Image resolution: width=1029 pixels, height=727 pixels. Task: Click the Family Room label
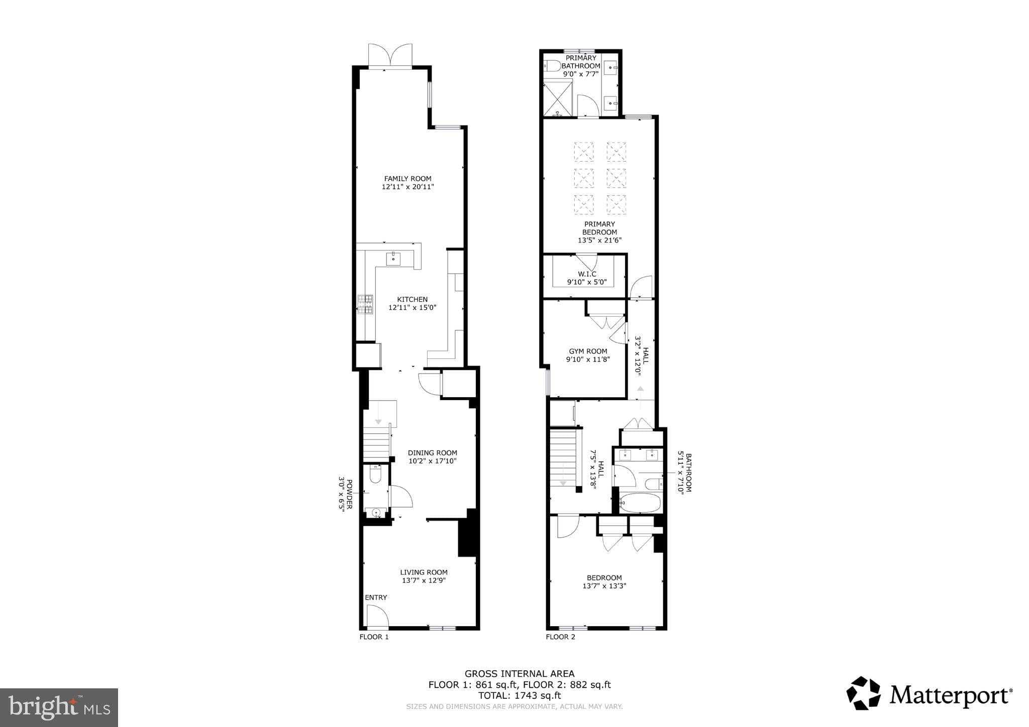(x=407, y=179)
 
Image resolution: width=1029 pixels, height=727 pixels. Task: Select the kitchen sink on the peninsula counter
(x=393, y=259)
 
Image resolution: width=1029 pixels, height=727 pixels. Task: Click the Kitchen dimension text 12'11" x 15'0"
(x=412, y=308)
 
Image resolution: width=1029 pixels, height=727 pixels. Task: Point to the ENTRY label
(x=376, y=597)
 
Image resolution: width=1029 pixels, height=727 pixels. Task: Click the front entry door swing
(x=376, y=617)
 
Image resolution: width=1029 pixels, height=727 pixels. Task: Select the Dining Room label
(x=432, y=453)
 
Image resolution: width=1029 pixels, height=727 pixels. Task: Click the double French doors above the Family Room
(x=390, y=55)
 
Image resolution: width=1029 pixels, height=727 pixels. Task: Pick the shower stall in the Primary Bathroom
(x=558, y=98)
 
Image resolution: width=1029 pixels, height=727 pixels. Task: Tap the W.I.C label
(x=587, y=274)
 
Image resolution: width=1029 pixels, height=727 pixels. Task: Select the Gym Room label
(x=588, y=351)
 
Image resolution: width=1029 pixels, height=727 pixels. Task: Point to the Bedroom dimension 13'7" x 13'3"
(x=604, y=586)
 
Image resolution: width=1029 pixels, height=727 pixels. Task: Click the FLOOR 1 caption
(x=374, y=637)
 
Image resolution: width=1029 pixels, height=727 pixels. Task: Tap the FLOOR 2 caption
(x=560, y=637)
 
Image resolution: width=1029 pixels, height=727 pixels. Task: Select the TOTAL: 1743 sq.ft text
(x=519, y=695)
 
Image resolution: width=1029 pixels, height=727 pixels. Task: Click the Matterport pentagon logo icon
(x=863, y=693)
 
